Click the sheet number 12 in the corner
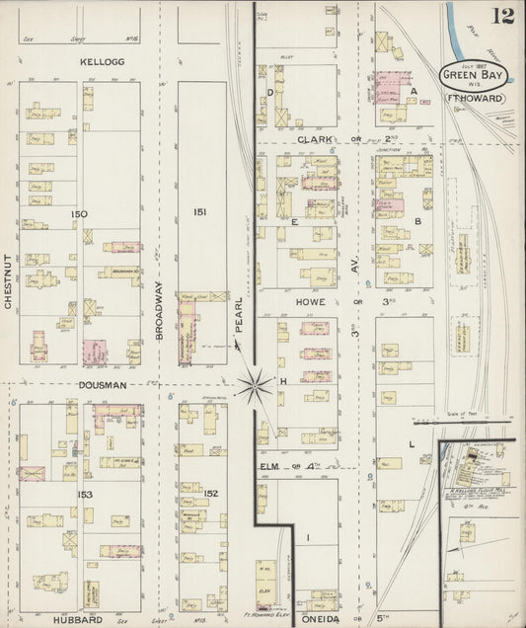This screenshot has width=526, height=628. (505, 15)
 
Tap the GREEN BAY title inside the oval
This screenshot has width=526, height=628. (474, 75)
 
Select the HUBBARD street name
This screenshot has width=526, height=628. (80, 619)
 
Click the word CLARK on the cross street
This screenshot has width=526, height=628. (317, 139)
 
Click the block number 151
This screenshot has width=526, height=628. (201, 212)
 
